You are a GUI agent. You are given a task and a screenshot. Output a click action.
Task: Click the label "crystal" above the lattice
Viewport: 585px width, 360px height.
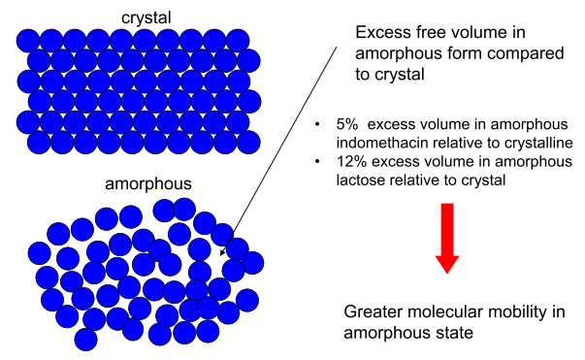pyautogui.click(x=145, y=16)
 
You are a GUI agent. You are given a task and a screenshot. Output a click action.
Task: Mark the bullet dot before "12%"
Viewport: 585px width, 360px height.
pyautogui.click(x=320, y=160)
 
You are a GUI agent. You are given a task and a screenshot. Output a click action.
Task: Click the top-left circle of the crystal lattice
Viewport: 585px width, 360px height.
pyautogui.click(x=28, y=40)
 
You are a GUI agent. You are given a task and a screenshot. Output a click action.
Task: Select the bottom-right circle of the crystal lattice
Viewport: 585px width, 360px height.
pyautogui.click(x=248, y=142)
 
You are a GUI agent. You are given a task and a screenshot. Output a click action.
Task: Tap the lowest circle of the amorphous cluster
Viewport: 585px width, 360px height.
pyautogui.click(x=86, y=340)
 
